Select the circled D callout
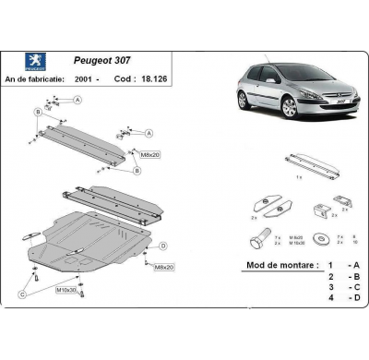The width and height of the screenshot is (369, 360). click(162, 246)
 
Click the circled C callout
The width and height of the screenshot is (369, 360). click(21, 295)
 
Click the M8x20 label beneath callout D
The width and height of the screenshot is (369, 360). click(164, 268)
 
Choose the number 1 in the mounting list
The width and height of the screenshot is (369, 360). click(330, 264)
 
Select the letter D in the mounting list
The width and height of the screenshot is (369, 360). click(354, 298)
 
